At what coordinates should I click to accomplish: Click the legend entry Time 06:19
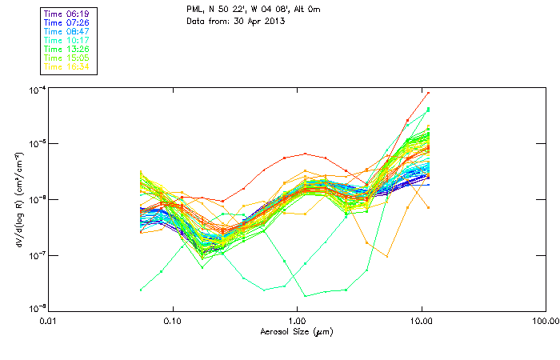67,14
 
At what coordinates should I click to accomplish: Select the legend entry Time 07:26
67,22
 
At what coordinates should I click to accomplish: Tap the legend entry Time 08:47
67,31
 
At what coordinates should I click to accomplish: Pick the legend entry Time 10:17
67,40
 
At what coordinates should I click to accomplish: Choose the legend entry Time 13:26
67,49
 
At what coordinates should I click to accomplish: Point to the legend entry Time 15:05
67,58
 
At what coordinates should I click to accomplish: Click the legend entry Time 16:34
67,66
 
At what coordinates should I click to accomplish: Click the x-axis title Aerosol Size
296,331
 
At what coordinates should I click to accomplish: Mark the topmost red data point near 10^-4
428,93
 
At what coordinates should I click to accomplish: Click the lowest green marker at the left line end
142,290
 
